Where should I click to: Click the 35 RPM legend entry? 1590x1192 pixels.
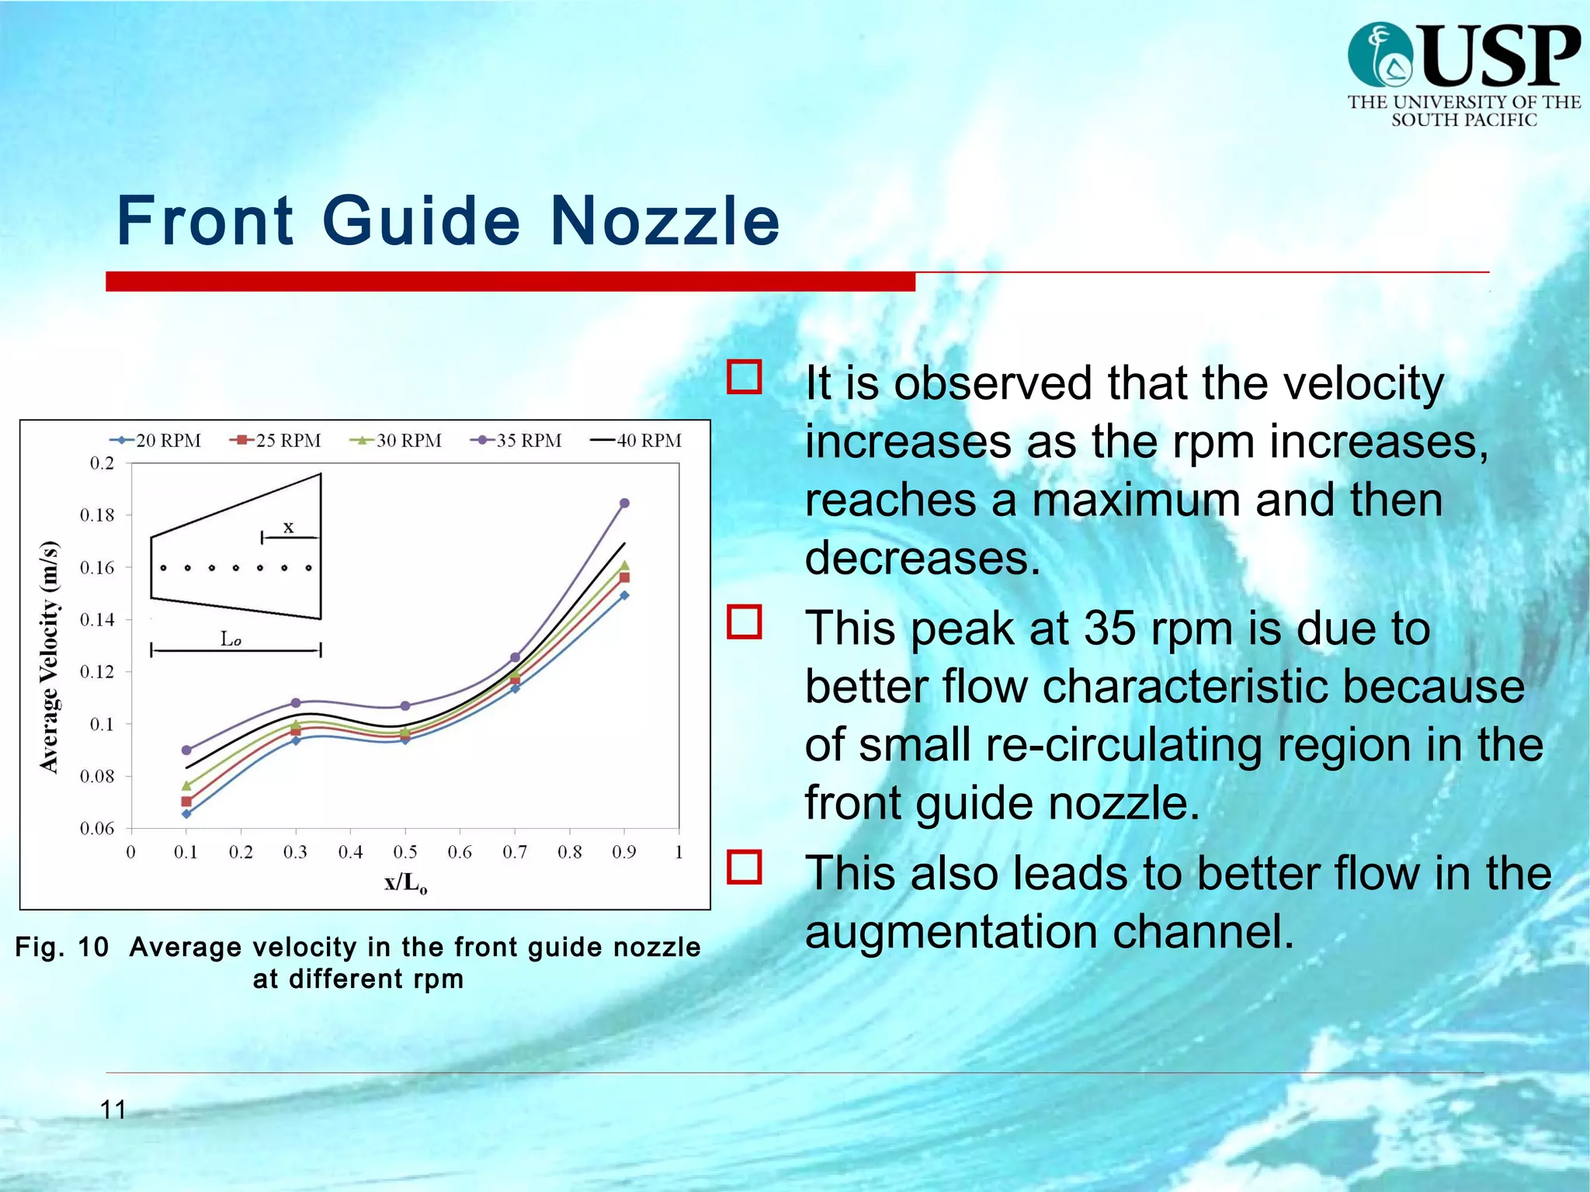click(x=516, y=441)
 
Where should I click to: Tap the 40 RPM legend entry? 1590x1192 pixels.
click(x=637, y=441)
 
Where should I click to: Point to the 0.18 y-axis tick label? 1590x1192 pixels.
click(x=97, y=515)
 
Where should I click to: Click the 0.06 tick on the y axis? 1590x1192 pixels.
click(x=97, y=828)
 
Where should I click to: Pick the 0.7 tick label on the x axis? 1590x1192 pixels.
click(x=514, y=852)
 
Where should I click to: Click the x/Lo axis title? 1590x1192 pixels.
click(x=405, y=883)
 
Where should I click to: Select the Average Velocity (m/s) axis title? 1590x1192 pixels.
click(x=49, y=657)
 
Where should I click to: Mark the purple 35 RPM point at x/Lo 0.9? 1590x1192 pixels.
click(x=624, y=503)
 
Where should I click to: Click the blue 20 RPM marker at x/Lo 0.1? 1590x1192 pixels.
click(x=186, y=813)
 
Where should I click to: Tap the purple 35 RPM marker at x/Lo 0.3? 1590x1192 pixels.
click(x=295, y=702)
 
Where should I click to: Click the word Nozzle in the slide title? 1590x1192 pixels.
click(x=665, y=221)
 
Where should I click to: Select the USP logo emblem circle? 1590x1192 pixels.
click(x=1380, y=55)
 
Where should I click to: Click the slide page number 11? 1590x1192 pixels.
click(x=113, y=1110)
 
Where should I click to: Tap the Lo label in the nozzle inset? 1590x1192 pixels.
click(x=231, y=639)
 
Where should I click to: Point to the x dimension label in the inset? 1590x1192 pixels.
click(x=288, y=527)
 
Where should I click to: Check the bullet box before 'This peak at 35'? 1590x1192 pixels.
click(x=744, y=622)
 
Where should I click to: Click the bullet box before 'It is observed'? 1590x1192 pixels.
click(x=744, y=377)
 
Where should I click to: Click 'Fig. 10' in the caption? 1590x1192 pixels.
click(x=61, y=947)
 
